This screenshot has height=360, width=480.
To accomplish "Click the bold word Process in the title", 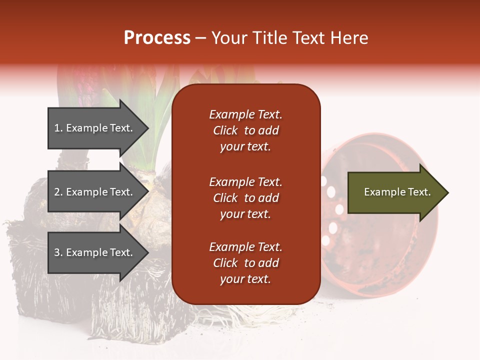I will click(x=157, y=38).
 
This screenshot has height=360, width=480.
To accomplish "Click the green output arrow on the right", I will click(x=397, y=192).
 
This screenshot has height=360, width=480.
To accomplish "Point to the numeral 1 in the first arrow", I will click(x=57, y=128).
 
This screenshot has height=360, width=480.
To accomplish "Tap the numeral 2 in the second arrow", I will click(x=57, y=192).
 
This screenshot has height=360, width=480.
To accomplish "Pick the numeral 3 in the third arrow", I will click(x=57, y=252).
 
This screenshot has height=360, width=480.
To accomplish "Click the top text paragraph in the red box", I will click(x=245, y=130).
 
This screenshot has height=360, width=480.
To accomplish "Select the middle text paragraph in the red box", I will click(x=245, y=198).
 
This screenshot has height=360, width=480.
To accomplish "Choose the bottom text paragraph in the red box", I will click(x=245, y=263).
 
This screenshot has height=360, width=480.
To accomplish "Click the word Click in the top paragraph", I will click(x=225, y=130).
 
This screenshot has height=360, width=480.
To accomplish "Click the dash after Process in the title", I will click(x=201, y=38).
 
